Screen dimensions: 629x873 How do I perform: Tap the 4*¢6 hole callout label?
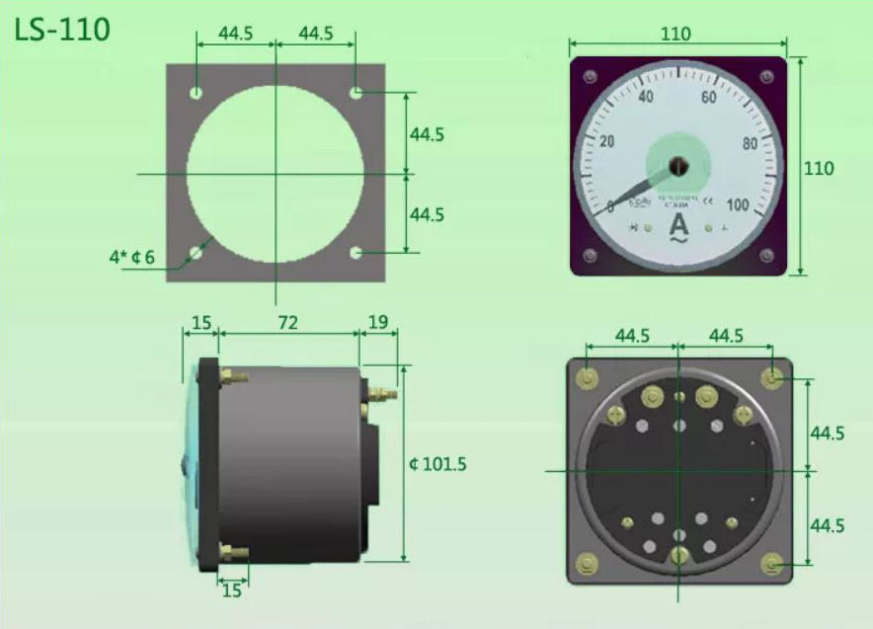pos(130,257)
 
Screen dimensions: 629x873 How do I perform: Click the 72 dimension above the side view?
pos(287,322)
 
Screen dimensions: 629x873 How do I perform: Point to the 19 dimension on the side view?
pos(378,322)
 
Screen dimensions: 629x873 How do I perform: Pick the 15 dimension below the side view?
pos(231,590)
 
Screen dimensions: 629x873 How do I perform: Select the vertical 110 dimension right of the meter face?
pos(819,168)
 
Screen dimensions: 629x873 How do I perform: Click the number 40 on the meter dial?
pos(647,97)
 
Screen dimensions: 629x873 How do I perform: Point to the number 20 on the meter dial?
pos(606,142)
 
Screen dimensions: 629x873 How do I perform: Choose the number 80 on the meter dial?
pos(750,142)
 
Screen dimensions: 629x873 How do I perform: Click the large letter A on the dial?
pos(678,226)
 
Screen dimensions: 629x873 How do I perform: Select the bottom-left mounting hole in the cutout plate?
pos(197,253)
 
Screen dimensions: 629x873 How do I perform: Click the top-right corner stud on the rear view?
pos(772,377)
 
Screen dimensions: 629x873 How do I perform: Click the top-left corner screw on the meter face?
pos(590,76)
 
